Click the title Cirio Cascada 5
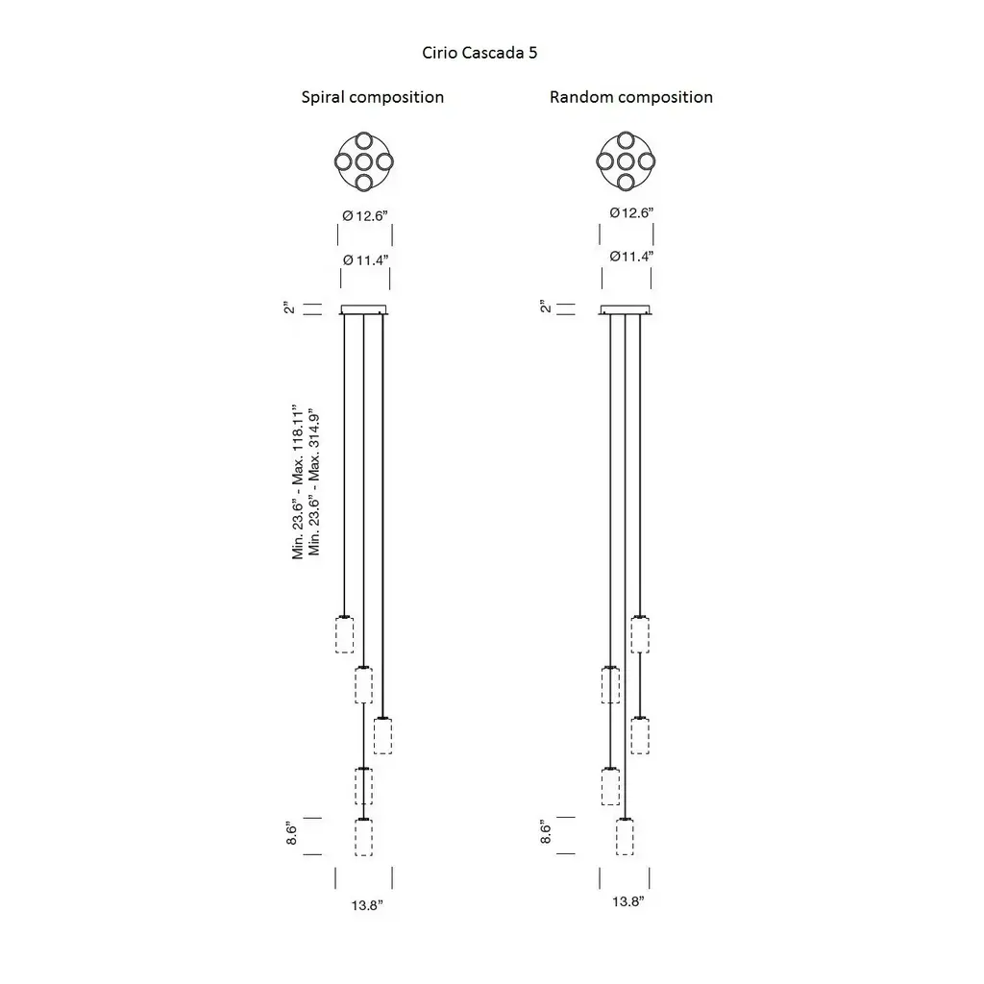[x=480, y=53]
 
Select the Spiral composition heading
[x=373, y=97]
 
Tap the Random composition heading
[x=631, y=97]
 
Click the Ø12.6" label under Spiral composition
[x=365, y=216]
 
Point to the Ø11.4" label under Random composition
[x=631, y=256]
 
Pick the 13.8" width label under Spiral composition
[x=367, y=905]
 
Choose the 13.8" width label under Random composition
[x=628, y=901]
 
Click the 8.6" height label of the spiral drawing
[x=292, y=833]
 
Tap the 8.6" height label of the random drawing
[x=546, y=832]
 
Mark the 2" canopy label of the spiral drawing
[x=289, y=308]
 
